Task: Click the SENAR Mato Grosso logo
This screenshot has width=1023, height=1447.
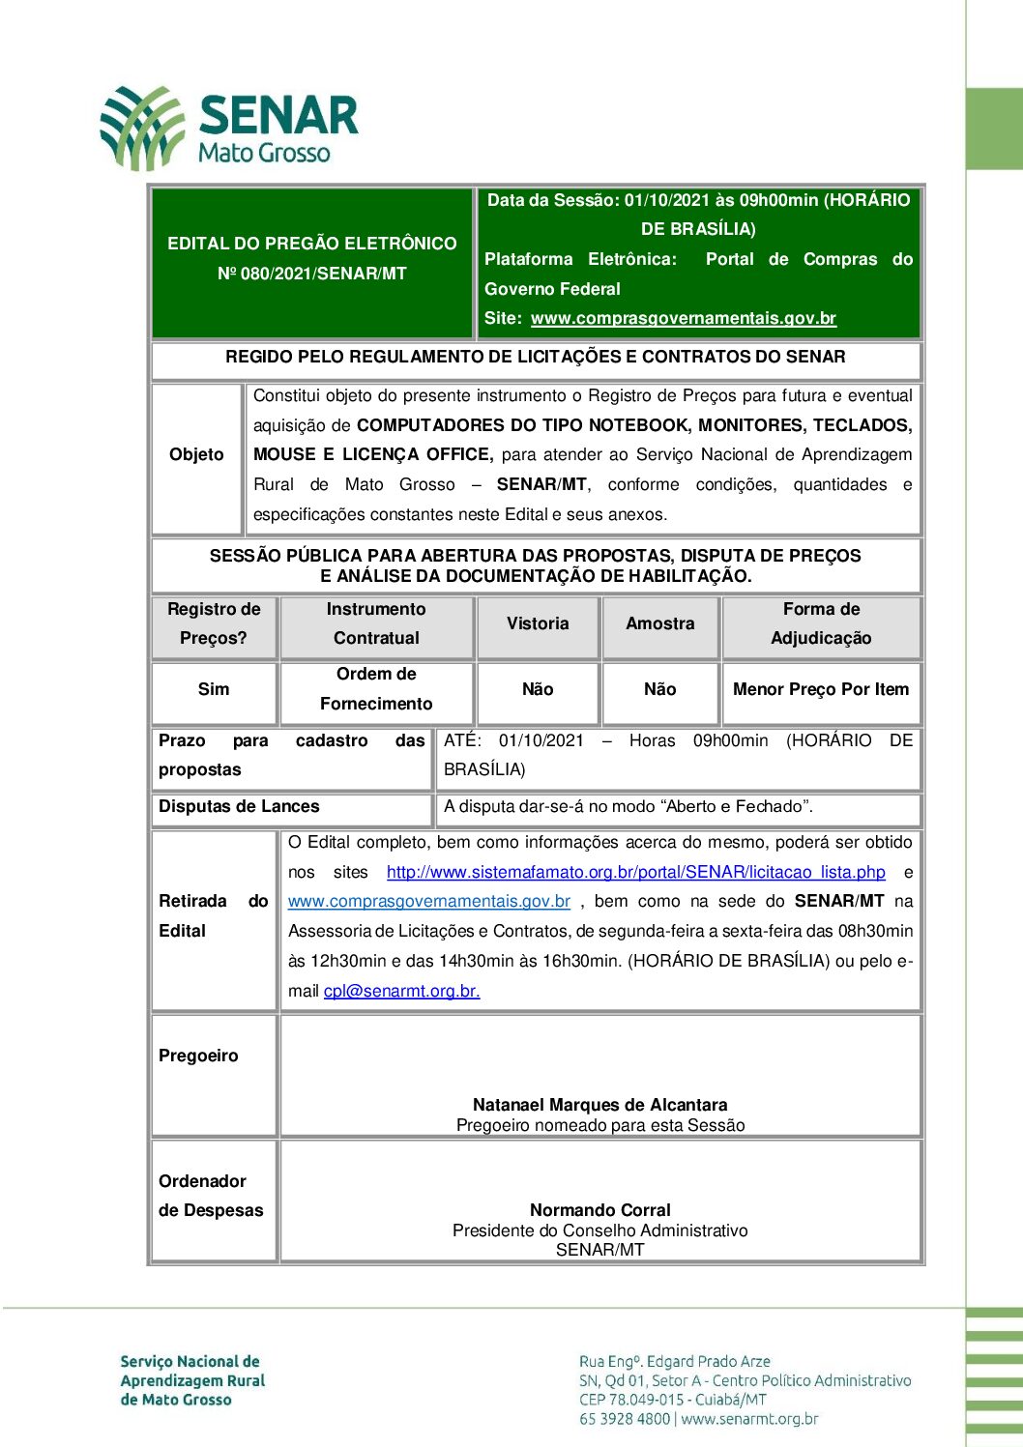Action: pyautogui.click(x=229, y=128)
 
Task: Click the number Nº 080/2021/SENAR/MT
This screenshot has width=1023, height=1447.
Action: pyautogui.click(x=311, y=274)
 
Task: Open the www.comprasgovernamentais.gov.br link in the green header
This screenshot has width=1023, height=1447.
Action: pyautogui.click(x=683, y=318)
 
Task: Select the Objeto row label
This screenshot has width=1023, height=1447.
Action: pyautogui.click(x=196, y=454)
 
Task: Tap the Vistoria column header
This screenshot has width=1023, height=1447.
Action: pyautogui.click(x=538, y=624)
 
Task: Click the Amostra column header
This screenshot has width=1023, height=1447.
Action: pyautogui.click(x=659, y=624)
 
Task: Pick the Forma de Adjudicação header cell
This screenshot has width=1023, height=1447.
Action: pyautogui.click(x=821, y=624)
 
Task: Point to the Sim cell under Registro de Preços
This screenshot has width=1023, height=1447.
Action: pyautogui.click(x=214, y=689)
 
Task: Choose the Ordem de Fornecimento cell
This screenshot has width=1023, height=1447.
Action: pyautogui.click(x=376, y=689)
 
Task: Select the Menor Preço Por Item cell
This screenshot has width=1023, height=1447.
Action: pyautogui.click(x=821, y=689)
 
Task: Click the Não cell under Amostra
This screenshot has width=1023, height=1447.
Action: pyautogui.click(x=659, y=689)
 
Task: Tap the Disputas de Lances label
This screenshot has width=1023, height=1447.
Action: pyautogui.click(x=239, y=806)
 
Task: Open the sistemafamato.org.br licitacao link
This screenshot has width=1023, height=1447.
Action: pyautogui.click(x=635, y=872)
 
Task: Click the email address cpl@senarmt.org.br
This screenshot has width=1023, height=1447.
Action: pyautogui.click(x=401, y=991)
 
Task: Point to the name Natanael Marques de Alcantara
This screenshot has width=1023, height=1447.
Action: pyautogui.click(x=599, y=1105)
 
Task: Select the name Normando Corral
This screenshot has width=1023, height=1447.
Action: pyautogui.click(x=599, y=1210)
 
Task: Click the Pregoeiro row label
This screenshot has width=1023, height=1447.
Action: pyautogui.click(x=198, y=1056)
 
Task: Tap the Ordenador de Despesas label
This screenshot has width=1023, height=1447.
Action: pyautogui.click(x=210, y=1196)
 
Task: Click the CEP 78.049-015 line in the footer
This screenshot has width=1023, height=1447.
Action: pyautogui.click(x=672, y=1400)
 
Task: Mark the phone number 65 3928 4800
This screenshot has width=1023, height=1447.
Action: pyautogui.click(x=625, y=1420)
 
